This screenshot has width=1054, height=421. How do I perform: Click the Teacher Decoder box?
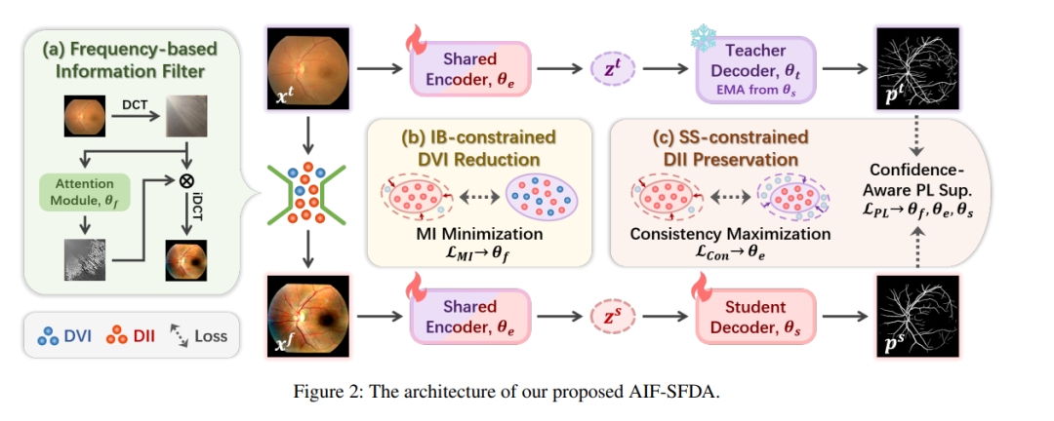[755, 70]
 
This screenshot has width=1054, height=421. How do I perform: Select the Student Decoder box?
[755, 317]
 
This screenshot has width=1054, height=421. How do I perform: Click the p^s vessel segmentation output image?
[915, 316]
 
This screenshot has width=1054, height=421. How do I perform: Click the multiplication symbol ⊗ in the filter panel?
[185, 181]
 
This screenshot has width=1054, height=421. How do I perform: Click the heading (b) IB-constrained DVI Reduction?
[479, 150]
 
